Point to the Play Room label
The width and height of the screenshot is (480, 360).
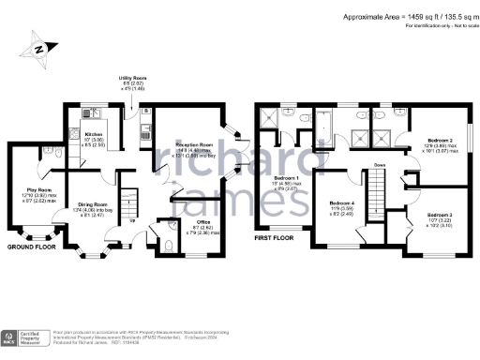tap(38, 188)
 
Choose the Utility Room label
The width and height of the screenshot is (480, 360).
tap(132, 79)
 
